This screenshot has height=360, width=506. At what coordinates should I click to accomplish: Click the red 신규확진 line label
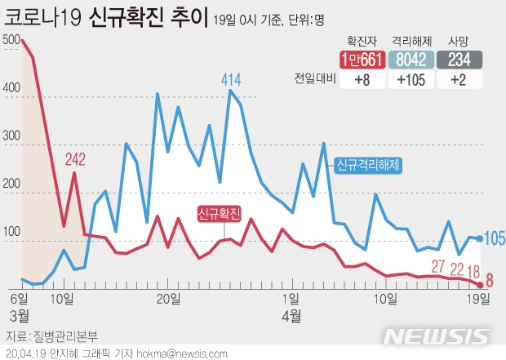(x=219, y=214)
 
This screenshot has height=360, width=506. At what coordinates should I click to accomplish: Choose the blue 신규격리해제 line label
(x=367, y=165)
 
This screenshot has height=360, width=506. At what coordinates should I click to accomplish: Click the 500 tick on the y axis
(x=11, y=40)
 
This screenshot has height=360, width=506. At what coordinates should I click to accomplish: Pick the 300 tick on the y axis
(x=11, y=137)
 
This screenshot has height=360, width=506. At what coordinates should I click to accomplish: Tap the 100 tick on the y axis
(x=11, y=234)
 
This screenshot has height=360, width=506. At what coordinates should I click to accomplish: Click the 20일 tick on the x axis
(x=167, y=297)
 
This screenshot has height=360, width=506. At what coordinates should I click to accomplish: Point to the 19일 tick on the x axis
(x=479, y=297)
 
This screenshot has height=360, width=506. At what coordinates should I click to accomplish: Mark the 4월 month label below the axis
(x=291, y=314)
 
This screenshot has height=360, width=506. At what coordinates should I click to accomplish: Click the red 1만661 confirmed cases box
(x=362, y=59)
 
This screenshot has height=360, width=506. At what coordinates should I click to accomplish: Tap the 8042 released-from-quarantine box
(x=413, y=59)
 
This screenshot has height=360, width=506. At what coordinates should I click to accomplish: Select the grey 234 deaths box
(x=459, y=59)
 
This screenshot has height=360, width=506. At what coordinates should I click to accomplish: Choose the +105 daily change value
(x=413, y=79)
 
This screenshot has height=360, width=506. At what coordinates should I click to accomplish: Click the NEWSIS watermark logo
(x=436, y=336)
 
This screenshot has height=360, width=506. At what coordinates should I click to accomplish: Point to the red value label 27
(x=438, y=265)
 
